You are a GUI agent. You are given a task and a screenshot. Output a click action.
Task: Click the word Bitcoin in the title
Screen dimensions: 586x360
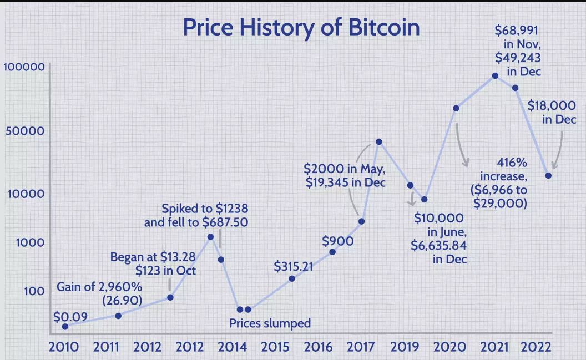point(384,27)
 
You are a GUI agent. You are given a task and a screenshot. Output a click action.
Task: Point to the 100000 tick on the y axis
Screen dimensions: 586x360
point(24,67)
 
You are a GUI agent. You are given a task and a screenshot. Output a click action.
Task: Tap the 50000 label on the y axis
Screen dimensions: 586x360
point(25,131)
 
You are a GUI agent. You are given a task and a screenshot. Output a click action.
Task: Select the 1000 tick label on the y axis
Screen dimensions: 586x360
point(31,243)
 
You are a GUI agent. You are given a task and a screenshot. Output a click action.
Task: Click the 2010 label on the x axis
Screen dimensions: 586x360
point(63,347)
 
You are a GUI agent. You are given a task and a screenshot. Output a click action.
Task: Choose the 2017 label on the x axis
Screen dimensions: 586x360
point(361,347)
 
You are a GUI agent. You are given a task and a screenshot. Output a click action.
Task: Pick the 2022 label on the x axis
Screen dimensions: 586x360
point(536,347)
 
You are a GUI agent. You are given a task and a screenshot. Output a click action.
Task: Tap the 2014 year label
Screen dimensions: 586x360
point(232,347)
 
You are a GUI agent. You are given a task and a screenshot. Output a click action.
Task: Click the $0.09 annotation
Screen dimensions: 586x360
point(70,317)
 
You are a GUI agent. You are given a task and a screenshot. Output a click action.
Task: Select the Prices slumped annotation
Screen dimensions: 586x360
point(270,323)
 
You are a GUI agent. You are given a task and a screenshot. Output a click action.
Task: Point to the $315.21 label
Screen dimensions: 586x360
point(294,266)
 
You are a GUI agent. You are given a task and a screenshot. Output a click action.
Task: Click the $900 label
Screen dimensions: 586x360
point(338,241)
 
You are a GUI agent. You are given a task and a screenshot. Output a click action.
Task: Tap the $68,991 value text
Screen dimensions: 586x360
point(516,31)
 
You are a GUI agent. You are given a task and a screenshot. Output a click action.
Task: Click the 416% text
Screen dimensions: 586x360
point(512,163)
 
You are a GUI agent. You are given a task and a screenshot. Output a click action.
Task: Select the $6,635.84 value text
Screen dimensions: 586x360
point(439,245)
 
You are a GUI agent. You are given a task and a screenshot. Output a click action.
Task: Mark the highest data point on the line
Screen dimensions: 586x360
point(495,76)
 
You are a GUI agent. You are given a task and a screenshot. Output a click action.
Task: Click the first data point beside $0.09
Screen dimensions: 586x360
point(65,327)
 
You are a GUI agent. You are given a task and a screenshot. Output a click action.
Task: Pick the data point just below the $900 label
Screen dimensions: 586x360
point(332,252)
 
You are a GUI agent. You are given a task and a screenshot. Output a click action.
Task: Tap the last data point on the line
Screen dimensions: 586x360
point(548,175)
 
